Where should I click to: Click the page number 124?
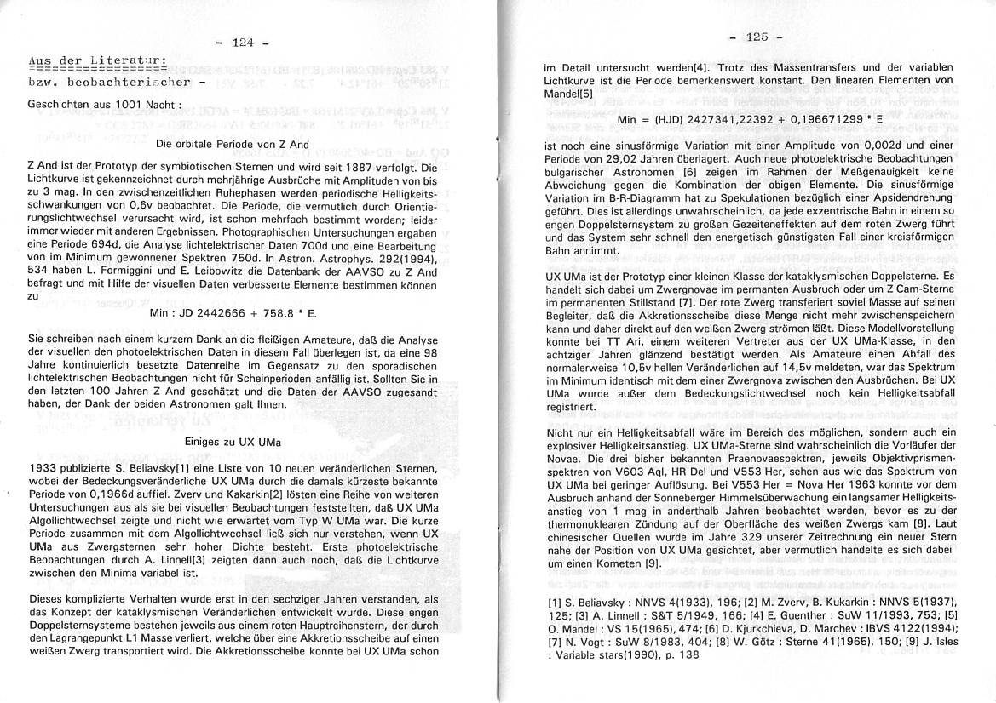[243, 42]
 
